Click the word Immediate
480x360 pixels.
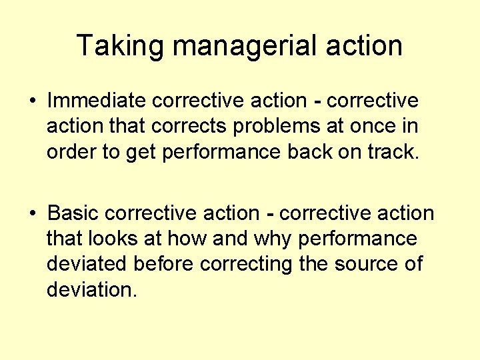pyautogui.click(x=97, y=101)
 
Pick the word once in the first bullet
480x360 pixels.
pyautogui.click(x=382, y=126)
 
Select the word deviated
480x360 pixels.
pyautogui.click(x=87, y=264)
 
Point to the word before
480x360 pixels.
pyautogui.click(x=164, y=264)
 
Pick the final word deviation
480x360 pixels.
pyautogui.click(x=91, y=289)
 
